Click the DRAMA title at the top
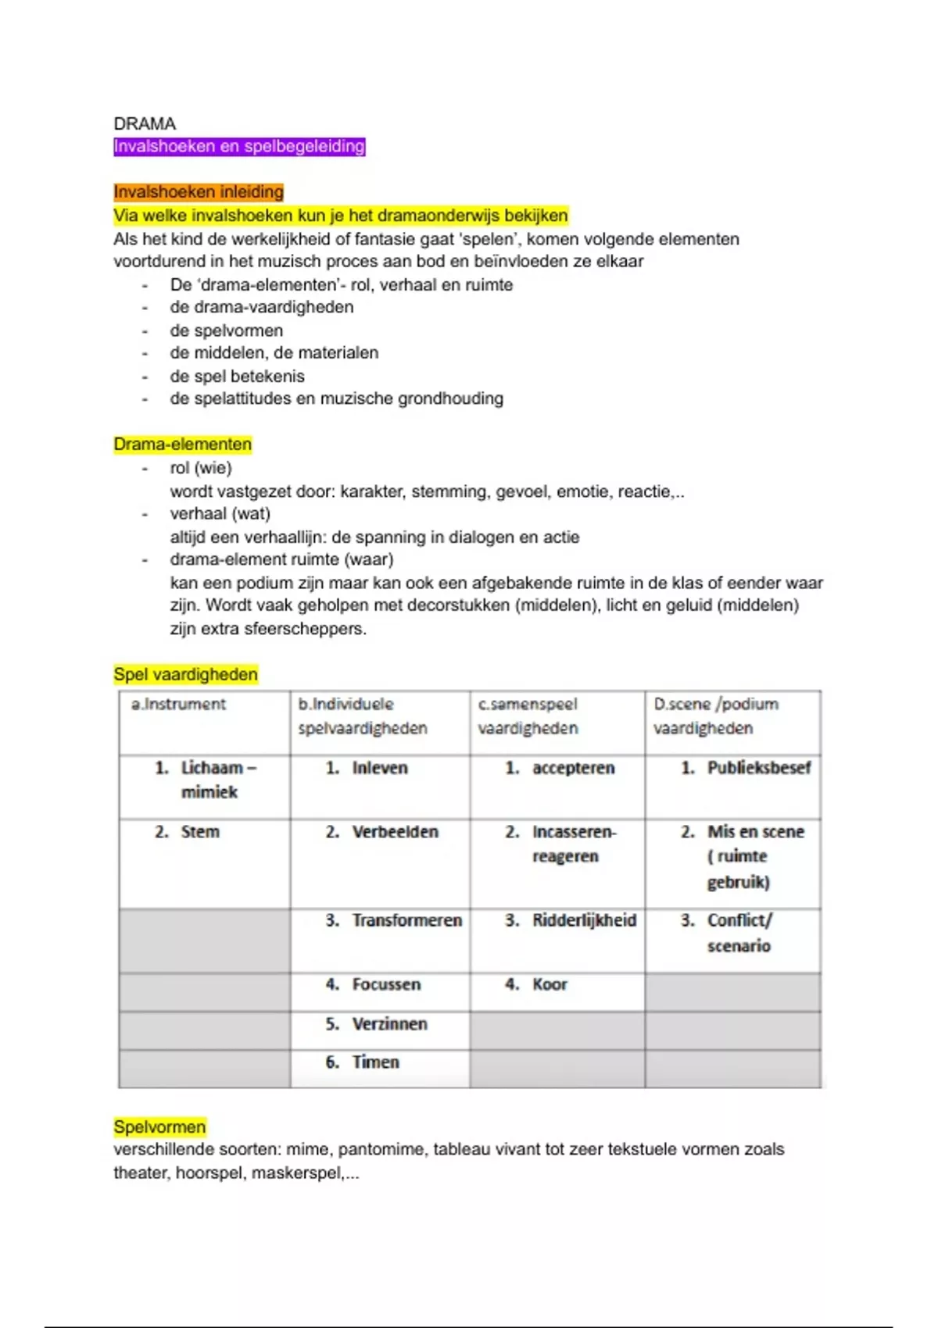(x=145, y=123)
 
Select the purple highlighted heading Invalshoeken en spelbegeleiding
(x=239, y=147)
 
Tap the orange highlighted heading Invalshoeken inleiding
(x=199, y=192)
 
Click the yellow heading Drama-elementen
(x=182, y=444)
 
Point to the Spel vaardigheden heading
(x=185, y=674)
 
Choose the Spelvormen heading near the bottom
(x=159, y=1126)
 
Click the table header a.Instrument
(x=178, y=705)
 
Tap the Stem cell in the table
(x=199, y=832)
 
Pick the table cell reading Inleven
(x=379, y=768)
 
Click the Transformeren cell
(x=406, y=920)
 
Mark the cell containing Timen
(x=375, y=1062)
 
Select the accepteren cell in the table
(x=573, y=768)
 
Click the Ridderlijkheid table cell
(x=584, y=920)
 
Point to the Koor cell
(x=550, y=984)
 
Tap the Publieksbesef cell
(x=758, y=768)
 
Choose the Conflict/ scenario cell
(x=739, y=933)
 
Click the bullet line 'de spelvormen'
(x=227, y=330)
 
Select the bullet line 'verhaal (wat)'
(x=220, y=514)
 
